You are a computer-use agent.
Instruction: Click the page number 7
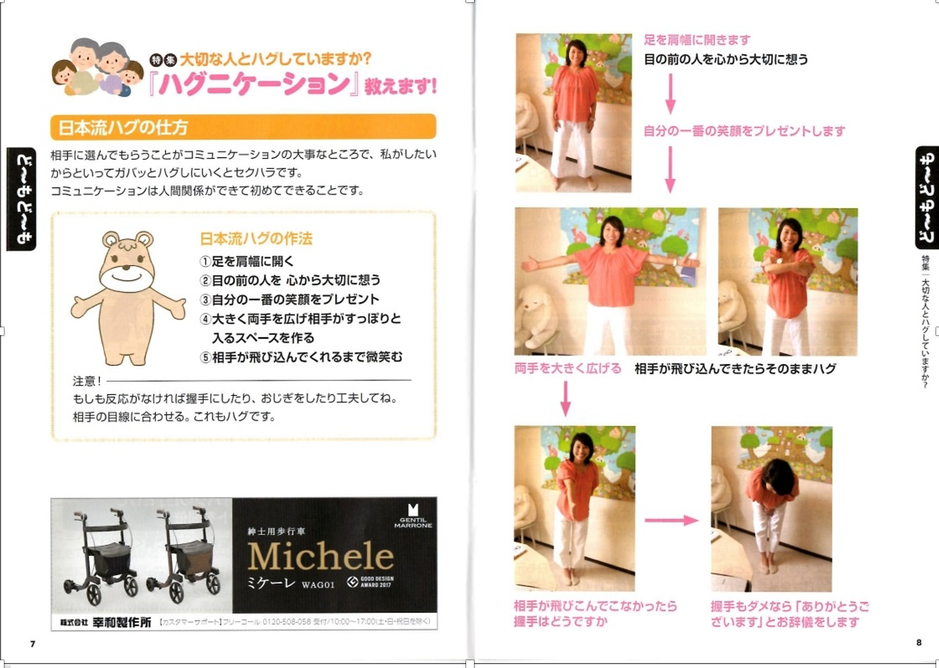click(33, 643)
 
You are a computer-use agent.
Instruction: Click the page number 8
click(919, 642)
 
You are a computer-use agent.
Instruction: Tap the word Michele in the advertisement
click(321, 556)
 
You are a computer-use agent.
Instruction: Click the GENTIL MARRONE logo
click(413, 516)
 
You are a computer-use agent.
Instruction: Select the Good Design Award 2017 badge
click(370, 582)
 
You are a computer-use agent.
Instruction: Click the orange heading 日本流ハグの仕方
click(123, 127)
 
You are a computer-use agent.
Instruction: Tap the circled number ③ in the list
click(205, 300)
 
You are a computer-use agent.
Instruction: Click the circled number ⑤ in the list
click(205, 357)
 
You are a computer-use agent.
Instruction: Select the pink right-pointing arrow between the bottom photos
click(671, 520)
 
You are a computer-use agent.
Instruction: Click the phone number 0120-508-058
click(286, 622)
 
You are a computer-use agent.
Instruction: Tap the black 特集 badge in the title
click(164, 60)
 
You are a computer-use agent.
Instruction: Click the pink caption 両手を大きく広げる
click(568, 368)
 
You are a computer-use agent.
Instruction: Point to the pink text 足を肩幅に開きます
click(697, 40)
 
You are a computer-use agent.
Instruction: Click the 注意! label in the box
click(87, 381)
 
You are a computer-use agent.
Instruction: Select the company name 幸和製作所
click(122, 622)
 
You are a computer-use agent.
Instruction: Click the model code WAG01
click(318, 584)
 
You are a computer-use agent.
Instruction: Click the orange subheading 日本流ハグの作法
click(256, 239)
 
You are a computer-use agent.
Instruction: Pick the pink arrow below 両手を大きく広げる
click(566, 399)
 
